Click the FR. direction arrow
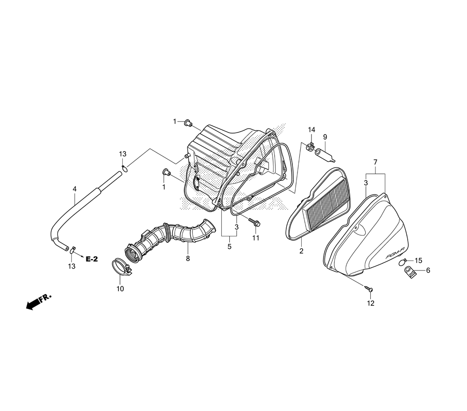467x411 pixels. (39, 301)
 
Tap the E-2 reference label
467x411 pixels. (92, 259)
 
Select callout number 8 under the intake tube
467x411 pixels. (188, 259)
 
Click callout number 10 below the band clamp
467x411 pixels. (120, 289)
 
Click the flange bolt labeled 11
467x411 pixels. (254, 221)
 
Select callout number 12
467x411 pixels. (370, 303)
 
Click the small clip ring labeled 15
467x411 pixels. (403, 262)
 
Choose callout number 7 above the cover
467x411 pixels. (375, 163)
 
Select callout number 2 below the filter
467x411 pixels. (301, 251)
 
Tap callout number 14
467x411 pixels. (311, 129)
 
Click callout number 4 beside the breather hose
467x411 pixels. (75, 189)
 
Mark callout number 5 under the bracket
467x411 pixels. (229, 247)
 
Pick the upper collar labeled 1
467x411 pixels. (188, 122)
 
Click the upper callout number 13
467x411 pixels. (123, 154)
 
